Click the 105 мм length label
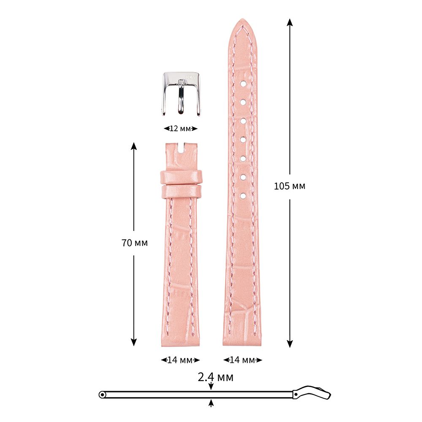(x=289, y=186)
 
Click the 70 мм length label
(x=135, y=243)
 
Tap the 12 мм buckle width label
(x=181, y=129)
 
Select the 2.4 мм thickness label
(x=216, y=377)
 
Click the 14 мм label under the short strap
(x=180, y=360)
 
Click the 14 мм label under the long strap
(x=243, y=360)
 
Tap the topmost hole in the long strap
(x=243, y=84)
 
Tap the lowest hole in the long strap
(x=243, y=196)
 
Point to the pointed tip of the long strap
(x=242, y=19)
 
